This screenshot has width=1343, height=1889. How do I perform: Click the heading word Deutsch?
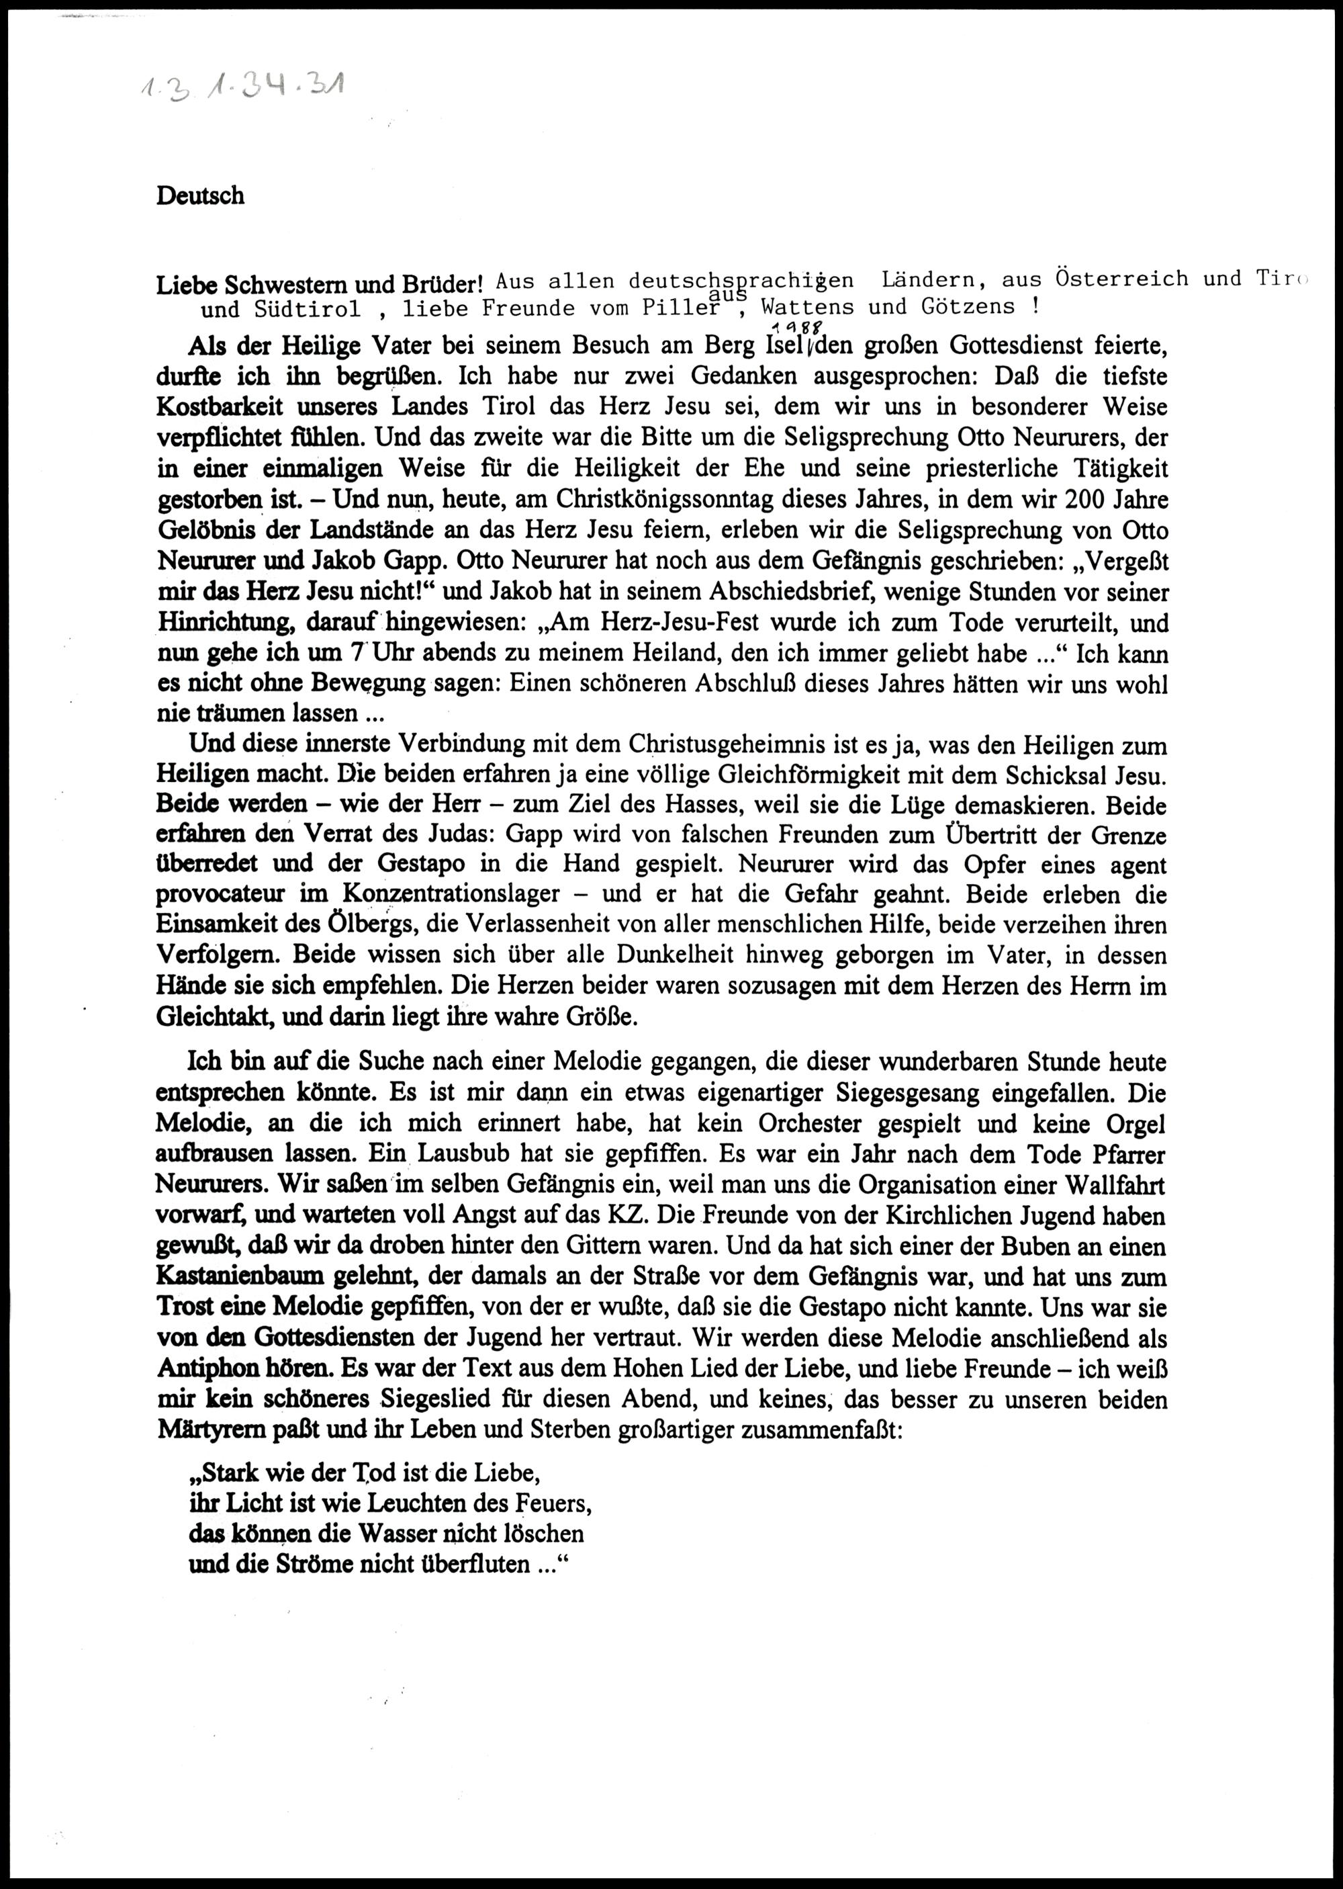coord(200,196)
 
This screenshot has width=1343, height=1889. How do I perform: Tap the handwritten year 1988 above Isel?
coord(792,326)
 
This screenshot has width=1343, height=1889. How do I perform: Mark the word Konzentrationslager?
coord(451,895)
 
